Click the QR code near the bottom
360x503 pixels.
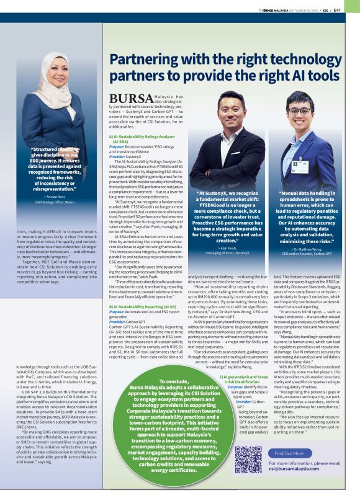(248, 460)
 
